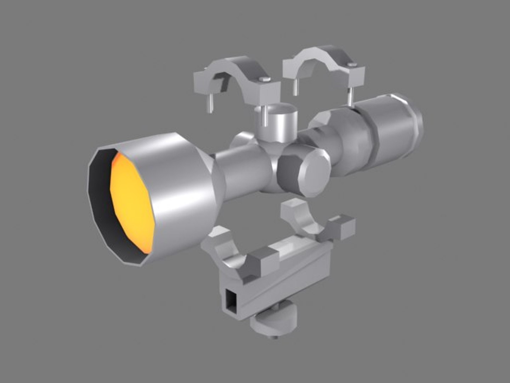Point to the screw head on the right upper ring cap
point(352,64)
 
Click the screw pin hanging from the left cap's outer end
point(210,102)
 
